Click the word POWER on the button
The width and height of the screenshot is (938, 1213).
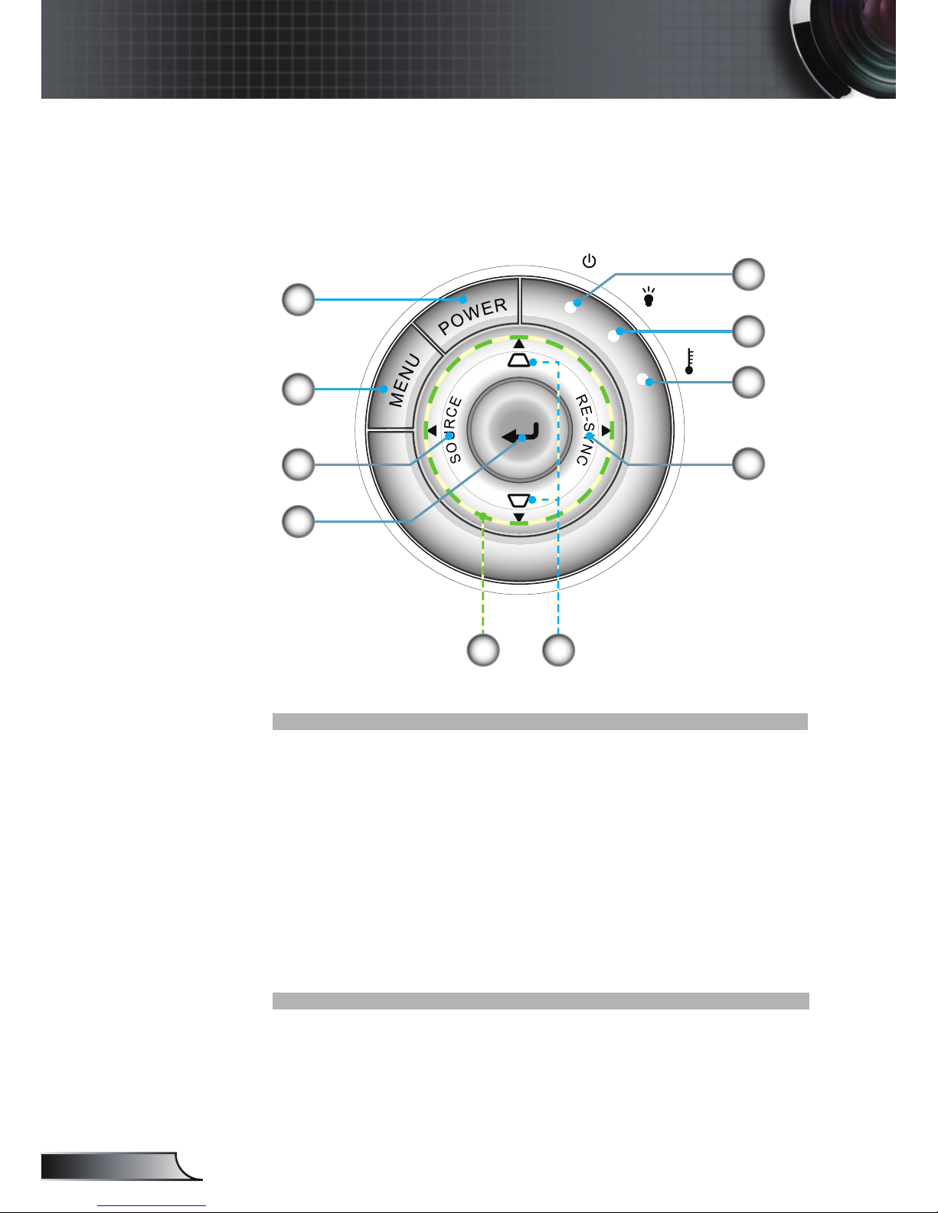click(473, 316)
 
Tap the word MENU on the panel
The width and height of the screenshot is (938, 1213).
click(404, 380)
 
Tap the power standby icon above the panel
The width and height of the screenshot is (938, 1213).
click(589, 261)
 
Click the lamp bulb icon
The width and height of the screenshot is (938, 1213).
click(649, 297)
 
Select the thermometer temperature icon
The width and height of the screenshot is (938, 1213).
click(690, 361)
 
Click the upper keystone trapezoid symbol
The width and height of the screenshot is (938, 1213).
click(518, 360)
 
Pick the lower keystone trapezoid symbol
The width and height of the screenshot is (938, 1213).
click(518, 501)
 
